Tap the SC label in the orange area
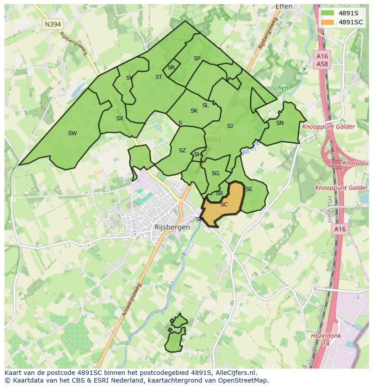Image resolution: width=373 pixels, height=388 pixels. tap(224, 205)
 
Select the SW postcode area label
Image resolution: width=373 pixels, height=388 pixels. tap(72, 133)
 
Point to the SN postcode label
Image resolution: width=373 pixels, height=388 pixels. tap(280, 123)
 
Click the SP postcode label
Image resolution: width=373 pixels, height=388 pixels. tap(197, 59)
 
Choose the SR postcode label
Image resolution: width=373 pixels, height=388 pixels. tap(171, 68)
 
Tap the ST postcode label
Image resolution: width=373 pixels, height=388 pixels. tap(159, 77)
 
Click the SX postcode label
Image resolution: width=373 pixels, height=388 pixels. tap(119, 119)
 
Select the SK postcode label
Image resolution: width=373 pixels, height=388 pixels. tap(194, 111)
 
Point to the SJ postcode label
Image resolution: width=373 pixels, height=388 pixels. tap(230, 126)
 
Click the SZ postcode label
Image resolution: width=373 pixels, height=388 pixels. tap(182, 151)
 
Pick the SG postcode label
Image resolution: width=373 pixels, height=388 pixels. tap(215, 173)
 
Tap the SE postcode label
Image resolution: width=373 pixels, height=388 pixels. tap(249, 189)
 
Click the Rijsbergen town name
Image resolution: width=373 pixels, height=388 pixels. tap(172, 228)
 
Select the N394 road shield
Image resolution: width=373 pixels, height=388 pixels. tap(53, 24)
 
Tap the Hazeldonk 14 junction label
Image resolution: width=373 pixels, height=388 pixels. tap(326, 339)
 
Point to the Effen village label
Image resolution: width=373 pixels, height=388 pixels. tap(283, 7)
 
